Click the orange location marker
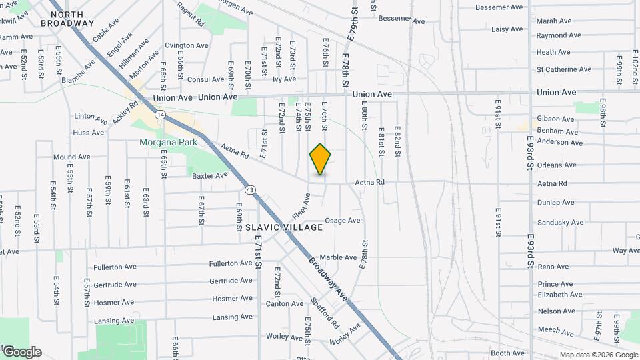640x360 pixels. click(320, 159)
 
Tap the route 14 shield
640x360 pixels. click(161, 115)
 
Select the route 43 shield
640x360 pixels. click(250, 190)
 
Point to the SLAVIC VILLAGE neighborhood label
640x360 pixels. click(284, 227)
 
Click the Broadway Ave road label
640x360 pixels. click(329, 278)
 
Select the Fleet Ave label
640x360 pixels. click(301, 206)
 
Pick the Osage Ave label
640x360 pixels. click(343, 221)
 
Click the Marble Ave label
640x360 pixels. click(339, 257)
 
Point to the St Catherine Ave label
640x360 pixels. click(563, 69)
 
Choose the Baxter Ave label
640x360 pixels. click(210, 176)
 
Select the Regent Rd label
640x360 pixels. click(191, 13)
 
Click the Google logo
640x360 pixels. click(21, 352)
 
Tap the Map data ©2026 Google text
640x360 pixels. click(598, 355)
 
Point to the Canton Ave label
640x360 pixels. click(285, 304)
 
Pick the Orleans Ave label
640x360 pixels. click(557, 165)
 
